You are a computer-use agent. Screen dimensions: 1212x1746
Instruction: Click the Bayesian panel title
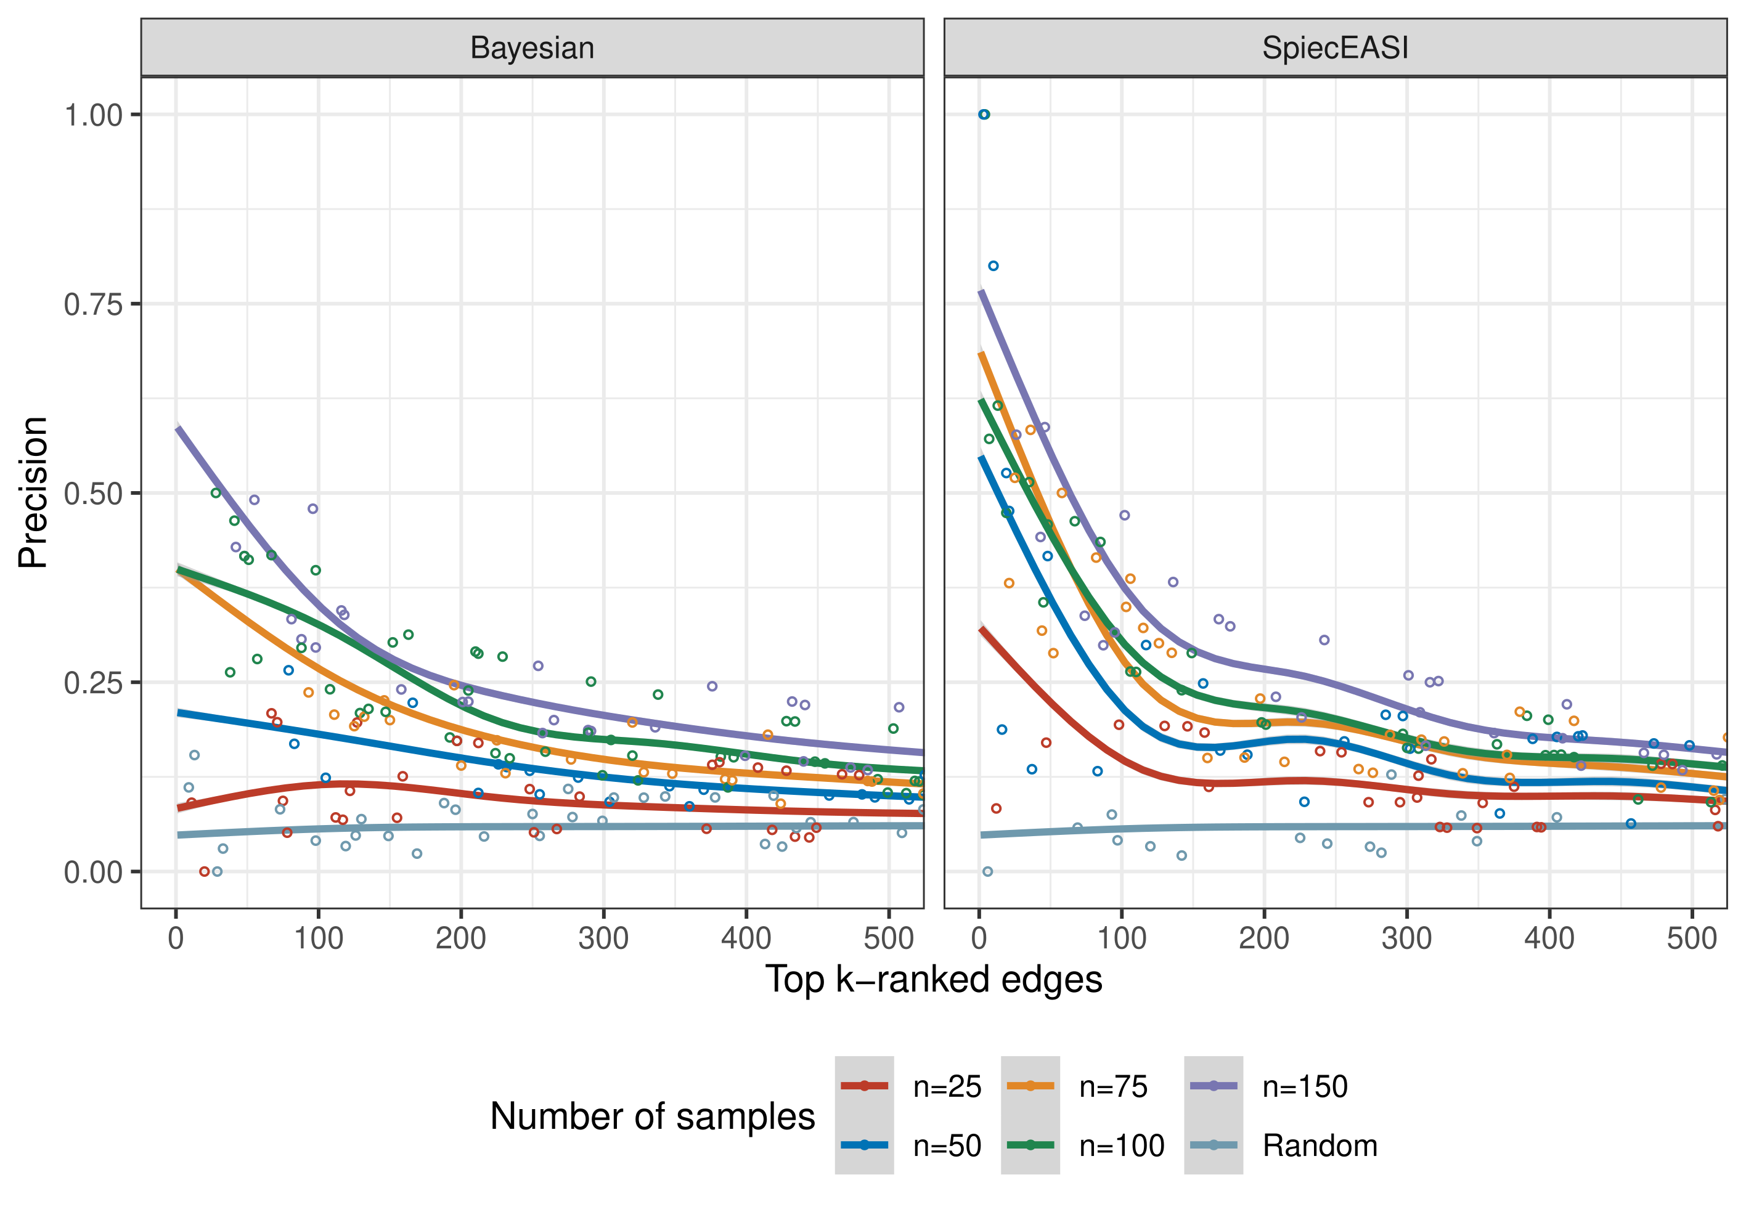click(532, 48)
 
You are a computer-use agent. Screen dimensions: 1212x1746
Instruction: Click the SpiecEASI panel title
click(1334, 48)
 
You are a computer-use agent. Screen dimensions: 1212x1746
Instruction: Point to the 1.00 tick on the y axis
click(92, 115)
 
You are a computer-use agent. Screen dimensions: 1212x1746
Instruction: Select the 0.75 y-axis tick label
click(92, 304)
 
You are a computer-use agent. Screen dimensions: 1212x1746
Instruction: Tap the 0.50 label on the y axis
click(92, 494)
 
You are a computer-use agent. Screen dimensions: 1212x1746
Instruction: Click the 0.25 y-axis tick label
click(92, 683)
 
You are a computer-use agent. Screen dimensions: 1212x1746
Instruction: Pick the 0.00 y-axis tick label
click(92, 872)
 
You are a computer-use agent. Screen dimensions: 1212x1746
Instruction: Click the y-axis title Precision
click(33, 492)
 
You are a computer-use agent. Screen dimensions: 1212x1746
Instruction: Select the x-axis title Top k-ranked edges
click(932, 979)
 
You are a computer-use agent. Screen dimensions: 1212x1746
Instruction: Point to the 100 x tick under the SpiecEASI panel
click(1121, 938)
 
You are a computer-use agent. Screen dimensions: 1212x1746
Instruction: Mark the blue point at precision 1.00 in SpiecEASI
click(984, 115)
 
